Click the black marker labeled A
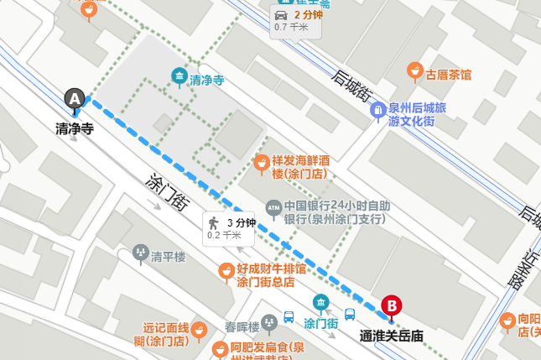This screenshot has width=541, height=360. [x=75, y=99]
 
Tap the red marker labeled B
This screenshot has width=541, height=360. [x=391, y=306]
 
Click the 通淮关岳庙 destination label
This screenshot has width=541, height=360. [x=391, y=336]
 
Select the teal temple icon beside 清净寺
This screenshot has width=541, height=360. [x=179, y=78]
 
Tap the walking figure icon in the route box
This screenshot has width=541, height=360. [x=214, y=222]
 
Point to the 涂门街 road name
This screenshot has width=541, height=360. [x=165, y=192]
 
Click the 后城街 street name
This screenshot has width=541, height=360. [x=350, y=87]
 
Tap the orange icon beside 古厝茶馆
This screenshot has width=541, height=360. [x=414, y=71]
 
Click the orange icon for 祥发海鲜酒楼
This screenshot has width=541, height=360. [x=262, y=161]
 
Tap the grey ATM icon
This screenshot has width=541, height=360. [x=273, y=206]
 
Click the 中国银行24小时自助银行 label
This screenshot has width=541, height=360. [x=336, y=212]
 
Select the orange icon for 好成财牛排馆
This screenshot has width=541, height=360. [x=226, y=271]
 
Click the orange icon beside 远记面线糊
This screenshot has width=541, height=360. [x=200, y=330]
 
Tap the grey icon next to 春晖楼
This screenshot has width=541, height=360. [x=269, y=321]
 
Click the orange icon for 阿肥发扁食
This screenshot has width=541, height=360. [x=220, y=348]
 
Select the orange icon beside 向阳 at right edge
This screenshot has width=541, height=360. [x=507, y=320]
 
